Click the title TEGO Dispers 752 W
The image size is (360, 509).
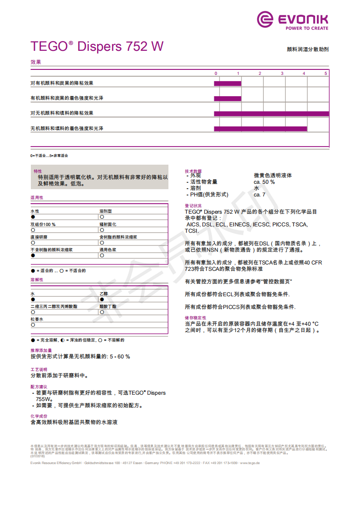[x=97, y=47]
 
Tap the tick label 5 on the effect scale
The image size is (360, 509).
[x=325, y=73]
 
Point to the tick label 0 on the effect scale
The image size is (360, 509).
[x=216, y=73]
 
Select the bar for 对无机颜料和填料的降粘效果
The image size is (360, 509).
[x=271, y=113]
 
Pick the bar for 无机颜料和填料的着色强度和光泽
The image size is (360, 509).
[x=261, y=129]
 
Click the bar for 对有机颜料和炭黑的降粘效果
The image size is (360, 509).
[x=227, y=83]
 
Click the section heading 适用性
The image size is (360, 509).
[x=37, y=198]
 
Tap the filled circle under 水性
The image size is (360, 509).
[x=33, y=217]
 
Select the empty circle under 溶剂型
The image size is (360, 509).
[x=102, y=217]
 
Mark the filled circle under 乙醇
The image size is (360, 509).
[x=102, y=300]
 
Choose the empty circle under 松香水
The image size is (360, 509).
[x=33, y=325]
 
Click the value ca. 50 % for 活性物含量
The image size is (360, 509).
[x=264, y=182]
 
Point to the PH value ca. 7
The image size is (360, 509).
[x=260, y=195]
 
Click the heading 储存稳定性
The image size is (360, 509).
[x=195, y=318]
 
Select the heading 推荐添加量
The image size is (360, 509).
[x=41, y=351]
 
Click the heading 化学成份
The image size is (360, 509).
[x=39, y=416]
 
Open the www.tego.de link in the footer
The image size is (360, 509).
[x=250, y=463]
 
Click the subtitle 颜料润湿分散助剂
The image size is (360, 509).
[x=308, y=49]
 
